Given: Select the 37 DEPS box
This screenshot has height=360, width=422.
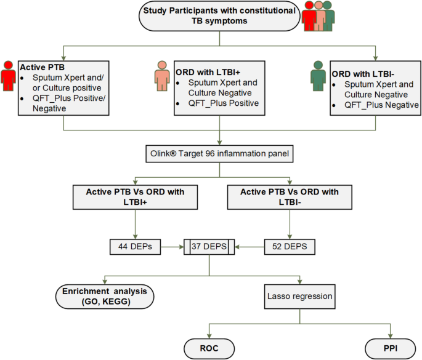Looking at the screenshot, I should [x=210, y=247].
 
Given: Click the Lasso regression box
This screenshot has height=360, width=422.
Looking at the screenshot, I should [x=299, y=296].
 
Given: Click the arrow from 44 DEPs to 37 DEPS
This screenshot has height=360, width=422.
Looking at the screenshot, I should [x=173, y=247].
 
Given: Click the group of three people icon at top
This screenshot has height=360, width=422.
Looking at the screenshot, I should [x=318, y=17].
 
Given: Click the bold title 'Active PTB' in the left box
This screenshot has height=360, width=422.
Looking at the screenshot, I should [x=41, y=66].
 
